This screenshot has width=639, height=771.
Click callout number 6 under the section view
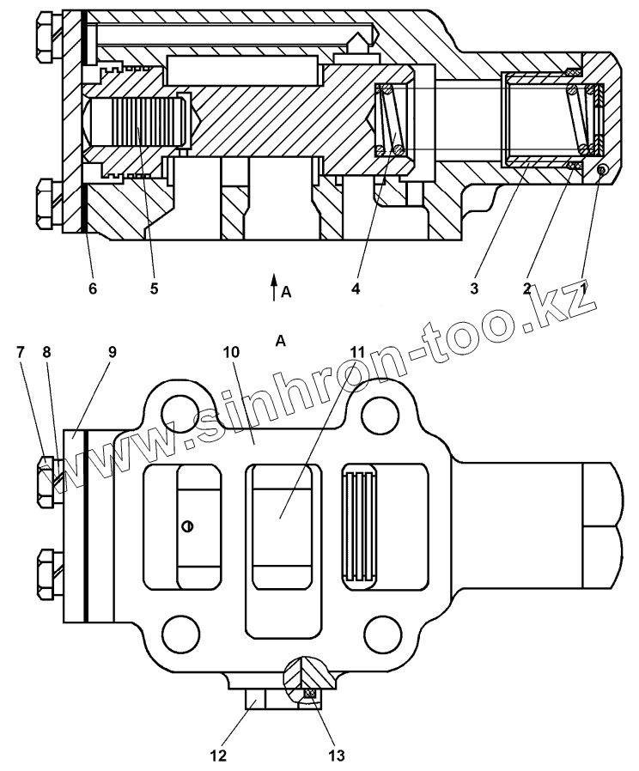(92, 288)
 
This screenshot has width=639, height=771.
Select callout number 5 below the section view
(154, 288)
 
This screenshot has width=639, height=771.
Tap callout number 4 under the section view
(355, 288)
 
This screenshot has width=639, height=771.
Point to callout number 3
(473, 288)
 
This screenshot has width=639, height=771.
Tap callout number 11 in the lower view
(356, 352)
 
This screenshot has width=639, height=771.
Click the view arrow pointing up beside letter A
(273, 286)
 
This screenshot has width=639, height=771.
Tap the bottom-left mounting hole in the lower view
(182, 630)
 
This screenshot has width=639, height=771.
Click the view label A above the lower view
(280, 342)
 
